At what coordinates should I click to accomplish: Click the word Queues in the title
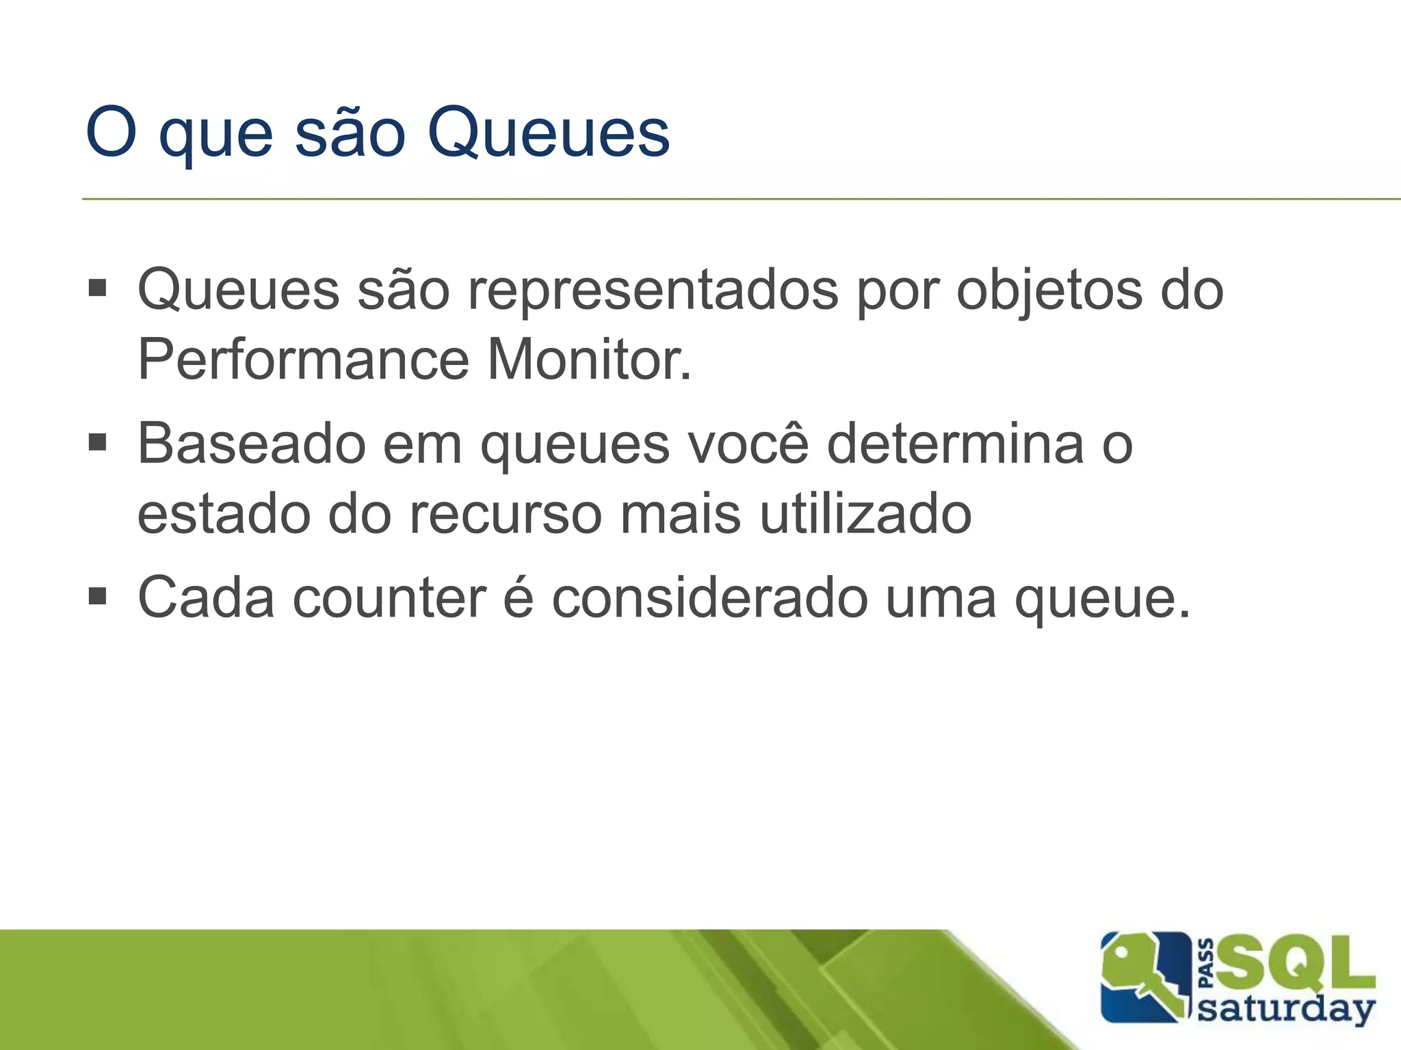(548, 133)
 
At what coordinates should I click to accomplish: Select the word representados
(653, 291)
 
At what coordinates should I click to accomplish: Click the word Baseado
(252, 444)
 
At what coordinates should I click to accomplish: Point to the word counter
(390, 598)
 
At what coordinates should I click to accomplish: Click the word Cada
(206, 598)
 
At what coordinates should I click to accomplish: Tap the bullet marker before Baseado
(98, 444)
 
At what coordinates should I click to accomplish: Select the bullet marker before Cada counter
(98, 597)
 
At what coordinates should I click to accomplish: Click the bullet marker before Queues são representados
(98, 289)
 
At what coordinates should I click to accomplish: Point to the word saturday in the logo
(1286, 1010)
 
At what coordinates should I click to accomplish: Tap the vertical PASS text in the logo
(1207, 964)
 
